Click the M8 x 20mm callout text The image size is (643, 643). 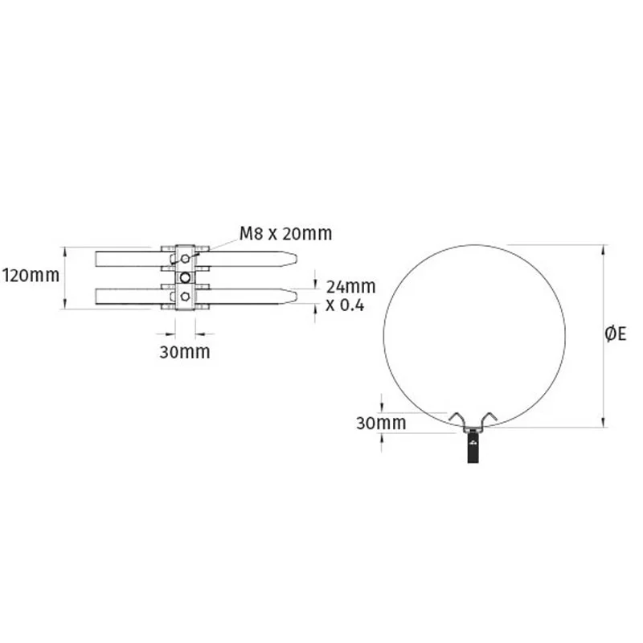285,234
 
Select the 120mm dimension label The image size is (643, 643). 31,276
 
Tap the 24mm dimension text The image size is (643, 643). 351,286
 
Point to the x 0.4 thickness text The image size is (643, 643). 345,305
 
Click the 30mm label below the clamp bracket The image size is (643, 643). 186,351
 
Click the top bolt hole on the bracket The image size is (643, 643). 186,258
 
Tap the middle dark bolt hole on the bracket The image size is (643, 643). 186,277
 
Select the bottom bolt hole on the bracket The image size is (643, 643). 186,297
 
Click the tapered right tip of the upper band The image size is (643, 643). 296,259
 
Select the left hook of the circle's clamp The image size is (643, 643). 457,420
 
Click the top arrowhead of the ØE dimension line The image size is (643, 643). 603,248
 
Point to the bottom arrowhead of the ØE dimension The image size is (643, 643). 603,424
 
